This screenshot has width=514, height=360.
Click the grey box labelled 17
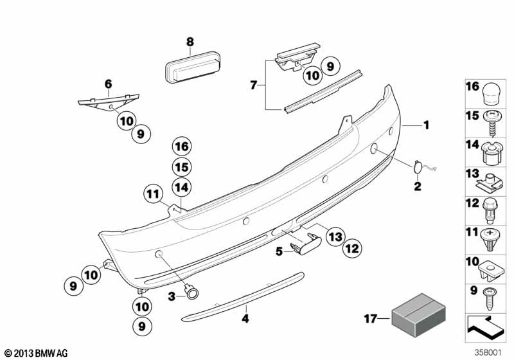tap(419, 315)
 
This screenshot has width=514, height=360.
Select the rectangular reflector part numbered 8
tap(193, 67)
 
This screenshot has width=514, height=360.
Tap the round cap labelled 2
tap(417, 167)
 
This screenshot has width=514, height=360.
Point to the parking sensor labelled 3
tap(243, 296)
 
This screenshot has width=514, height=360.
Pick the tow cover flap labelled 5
tap(109, 101)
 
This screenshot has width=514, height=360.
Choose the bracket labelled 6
tap(182, 146)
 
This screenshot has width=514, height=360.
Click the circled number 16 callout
tap(153, 194)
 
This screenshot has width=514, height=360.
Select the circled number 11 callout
tap(335, 237)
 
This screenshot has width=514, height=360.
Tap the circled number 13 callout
tap(352, 249)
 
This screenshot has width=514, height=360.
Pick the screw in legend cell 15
tap(489, 185)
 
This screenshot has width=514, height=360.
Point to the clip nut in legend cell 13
tap(490, 298)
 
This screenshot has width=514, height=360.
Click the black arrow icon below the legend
tap(488, 353)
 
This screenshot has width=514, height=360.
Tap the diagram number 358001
tap(37, 353)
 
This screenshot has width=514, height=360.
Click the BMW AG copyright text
tap(426, 125)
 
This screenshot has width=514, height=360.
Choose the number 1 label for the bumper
tap(253, 85)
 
